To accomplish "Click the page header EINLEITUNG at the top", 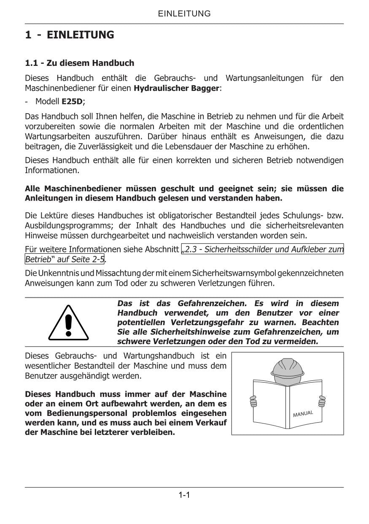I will coord(184,14).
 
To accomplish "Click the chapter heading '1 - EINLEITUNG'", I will coord(70,35).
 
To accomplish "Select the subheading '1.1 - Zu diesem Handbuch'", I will coord(80,63).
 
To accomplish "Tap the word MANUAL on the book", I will coord(303,413).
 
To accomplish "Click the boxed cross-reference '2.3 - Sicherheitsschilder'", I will coord(262,249).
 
